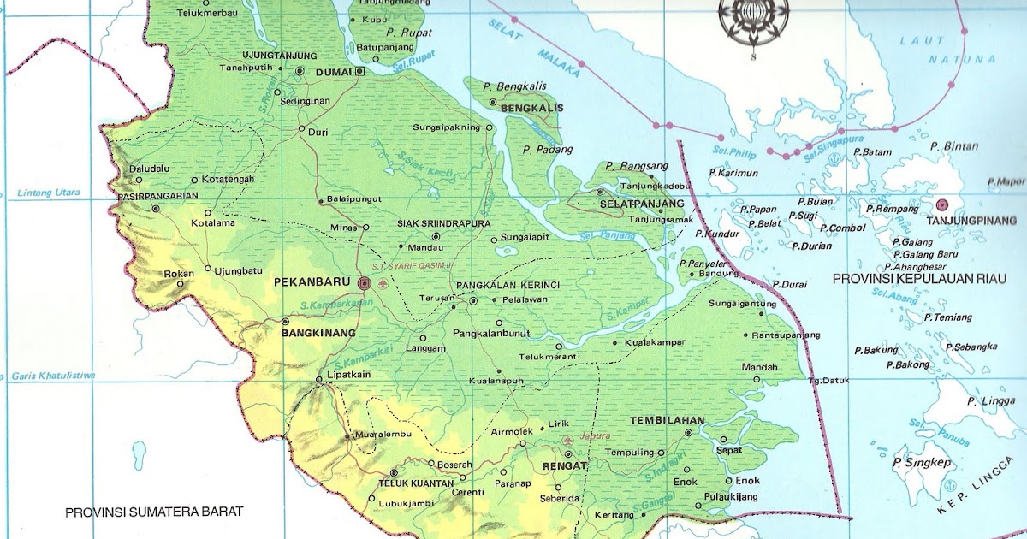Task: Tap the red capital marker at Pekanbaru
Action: tap(365, 282)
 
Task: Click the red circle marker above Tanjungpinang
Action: tap(942, 204)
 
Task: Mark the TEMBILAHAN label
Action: tap(667, 421)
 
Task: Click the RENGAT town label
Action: tap(564, 466)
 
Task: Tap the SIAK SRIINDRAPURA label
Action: tap(443, 223)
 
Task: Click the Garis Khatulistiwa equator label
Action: tap(52, 376)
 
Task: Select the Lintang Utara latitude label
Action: tap(48, 193)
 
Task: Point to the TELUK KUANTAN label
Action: tap(416, 483)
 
